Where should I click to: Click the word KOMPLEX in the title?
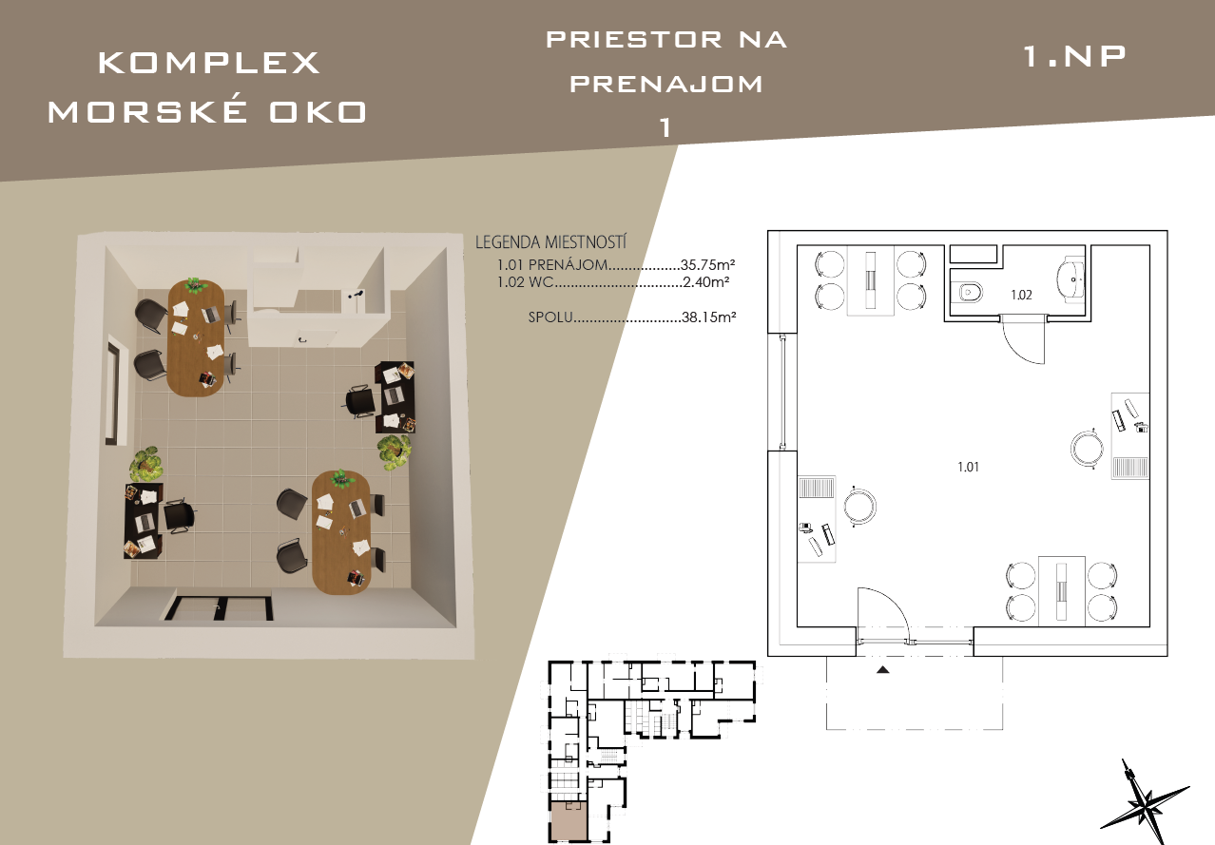click(209, 63)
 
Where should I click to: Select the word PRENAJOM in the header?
click(666, 84)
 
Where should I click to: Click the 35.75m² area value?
click(707, 264)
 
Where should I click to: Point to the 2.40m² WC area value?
click(705, 281)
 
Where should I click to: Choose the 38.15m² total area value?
click(708, 317)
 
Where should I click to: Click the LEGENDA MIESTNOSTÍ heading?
click(550, 241)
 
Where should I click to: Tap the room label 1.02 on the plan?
click(1021, 295)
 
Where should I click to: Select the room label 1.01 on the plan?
click(968, 467)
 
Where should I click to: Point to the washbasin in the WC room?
click(1070, 279)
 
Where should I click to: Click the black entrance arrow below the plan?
click(883, 670)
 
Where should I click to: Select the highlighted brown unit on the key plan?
click(569, 820)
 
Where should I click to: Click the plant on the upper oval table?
click(194, 284)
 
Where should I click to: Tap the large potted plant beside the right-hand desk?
click(394, 451)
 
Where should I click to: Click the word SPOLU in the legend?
click(550, 317)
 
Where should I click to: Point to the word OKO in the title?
click(318, 112)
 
